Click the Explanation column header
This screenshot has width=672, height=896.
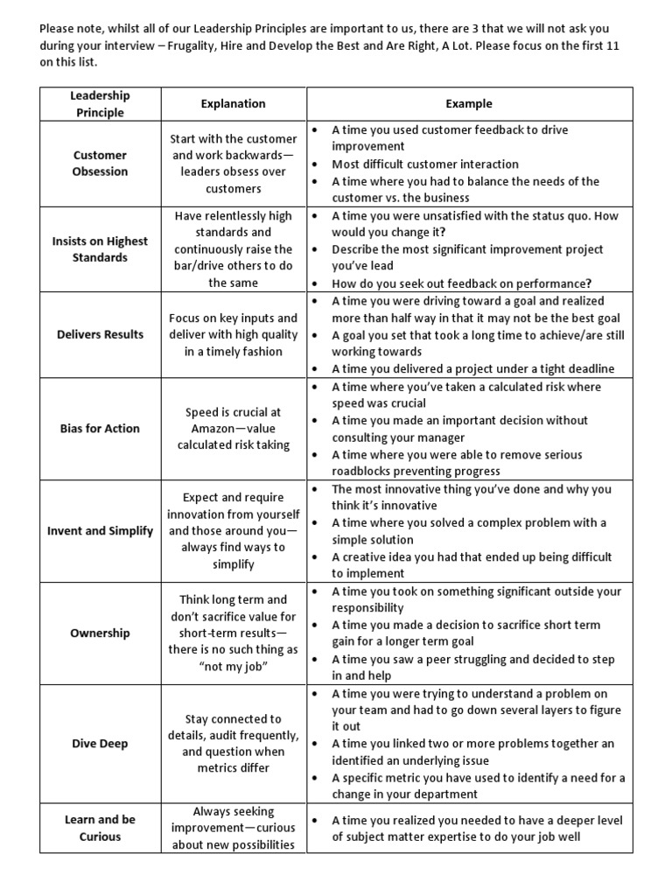point(233,103)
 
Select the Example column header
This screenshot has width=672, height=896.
point(469,103)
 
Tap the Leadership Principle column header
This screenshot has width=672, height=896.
point(100,103)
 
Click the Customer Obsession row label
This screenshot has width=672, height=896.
point(100,163)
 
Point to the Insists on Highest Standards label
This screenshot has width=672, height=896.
point(100,248)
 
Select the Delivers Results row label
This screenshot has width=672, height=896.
point(100,334)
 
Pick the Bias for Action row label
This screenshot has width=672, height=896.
point(100,428)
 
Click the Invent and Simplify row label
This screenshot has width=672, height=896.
point(100,530)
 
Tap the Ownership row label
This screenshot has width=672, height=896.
point(100,633)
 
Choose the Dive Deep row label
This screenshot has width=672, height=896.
point(100,743)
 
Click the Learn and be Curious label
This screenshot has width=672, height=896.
point(100,828)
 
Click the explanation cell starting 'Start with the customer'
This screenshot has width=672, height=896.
point(233,163)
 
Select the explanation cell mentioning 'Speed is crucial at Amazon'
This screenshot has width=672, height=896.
point(233,428)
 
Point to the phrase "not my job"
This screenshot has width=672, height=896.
point(233,667)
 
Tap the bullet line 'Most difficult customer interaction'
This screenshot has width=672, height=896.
point(425,164)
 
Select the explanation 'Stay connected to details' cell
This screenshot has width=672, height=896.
point(233,743)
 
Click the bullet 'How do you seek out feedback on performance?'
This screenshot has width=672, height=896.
point(462,283)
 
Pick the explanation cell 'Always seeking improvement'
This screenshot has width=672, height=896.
point(233,828)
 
